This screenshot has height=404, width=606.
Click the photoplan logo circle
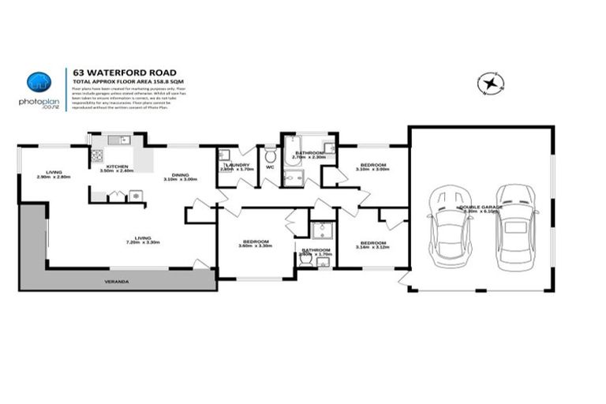click(x=38, y=82)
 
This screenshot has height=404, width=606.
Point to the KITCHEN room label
click(x=118, y=166)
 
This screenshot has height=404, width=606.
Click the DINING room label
click(x=180, y=174)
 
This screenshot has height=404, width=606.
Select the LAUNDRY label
click(x=236, y=165)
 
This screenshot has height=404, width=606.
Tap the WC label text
click(x=270, y=167)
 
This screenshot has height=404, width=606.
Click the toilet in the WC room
click(x=270, y=154)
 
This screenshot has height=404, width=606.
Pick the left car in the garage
click(x=450, y=226)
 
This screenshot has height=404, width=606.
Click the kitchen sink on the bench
click(x=118, y=141)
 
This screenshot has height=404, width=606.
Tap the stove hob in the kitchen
click(x=135, y=195)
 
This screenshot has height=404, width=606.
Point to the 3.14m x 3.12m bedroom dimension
click(x=372, y=248)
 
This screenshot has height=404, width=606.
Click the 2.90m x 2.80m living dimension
click(x=53, y=177)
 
